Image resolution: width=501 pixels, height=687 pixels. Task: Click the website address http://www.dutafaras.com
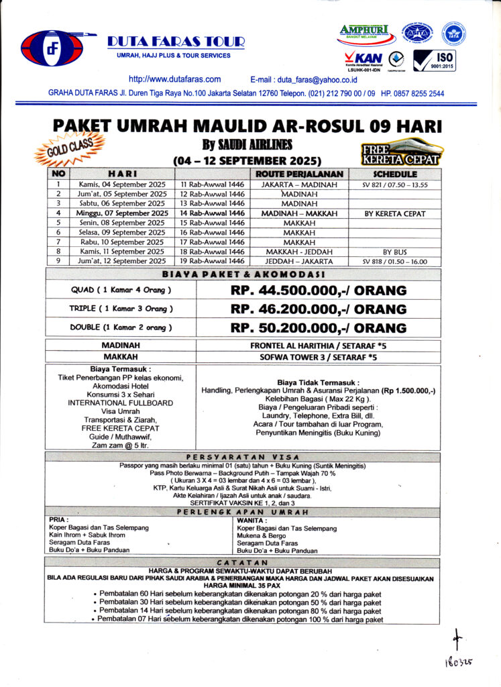click(174, 78)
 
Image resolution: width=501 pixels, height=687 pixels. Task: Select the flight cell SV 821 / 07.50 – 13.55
click(395, 184)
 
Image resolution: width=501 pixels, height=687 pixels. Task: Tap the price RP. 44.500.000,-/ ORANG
click(319, 290)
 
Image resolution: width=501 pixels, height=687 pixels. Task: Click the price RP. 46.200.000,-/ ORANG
click(319, 309)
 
